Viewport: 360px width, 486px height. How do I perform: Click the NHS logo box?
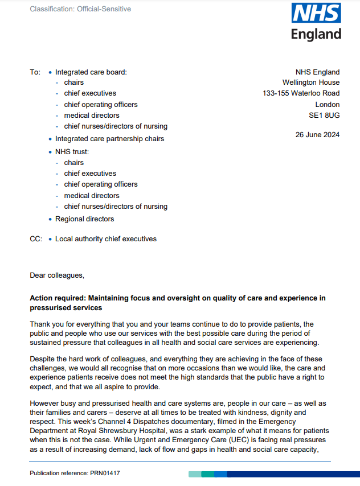coord(316,13)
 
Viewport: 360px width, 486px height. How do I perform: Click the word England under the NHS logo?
coord(316,34)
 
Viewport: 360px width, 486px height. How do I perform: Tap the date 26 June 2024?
coord(317,135)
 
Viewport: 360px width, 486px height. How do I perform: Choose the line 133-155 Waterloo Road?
coord(301,93)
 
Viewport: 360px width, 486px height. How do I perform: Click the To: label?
coord(35,72)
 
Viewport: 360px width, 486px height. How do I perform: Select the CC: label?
coord(36,239)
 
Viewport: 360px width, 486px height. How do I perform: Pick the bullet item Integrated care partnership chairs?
coord(109,139)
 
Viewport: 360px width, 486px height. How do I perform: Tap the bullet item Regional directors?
coord(84,219)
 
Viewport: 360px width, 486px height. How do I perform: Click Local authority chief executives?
coord(105,239)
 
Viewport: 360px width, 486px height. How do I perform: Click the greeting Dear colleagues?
coord(57,275)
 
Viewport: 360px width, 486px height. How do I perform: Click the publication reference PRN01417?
coord(105,473)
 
